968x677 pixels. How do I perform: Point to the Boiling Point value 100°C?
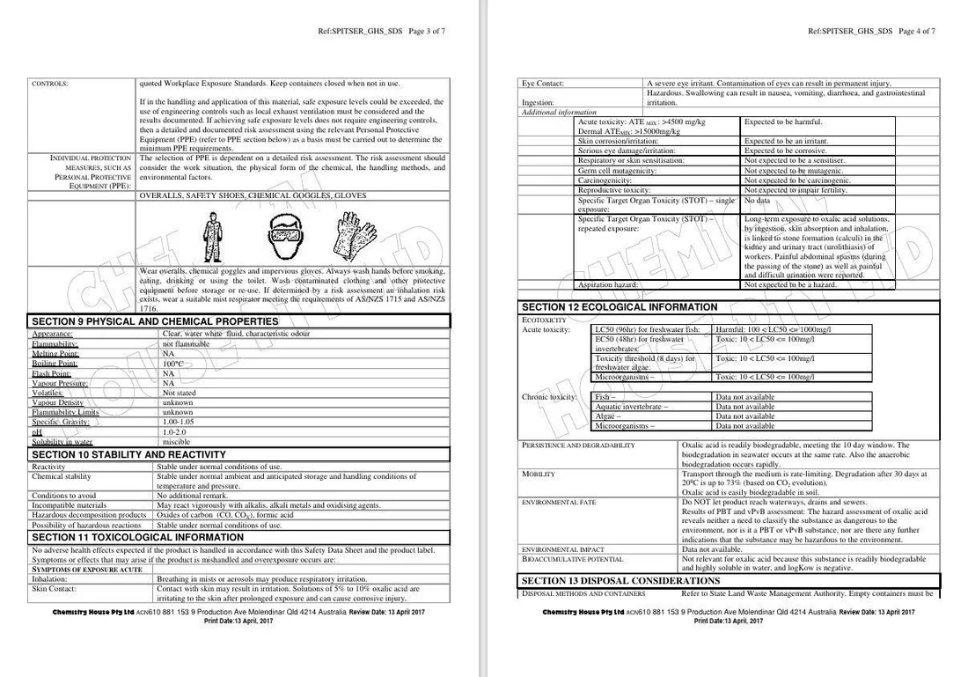pyautogui.click(x=172, y=364)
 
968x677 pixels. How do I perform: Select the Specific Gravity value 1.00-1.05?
pyautogui.click(x=178, y=423)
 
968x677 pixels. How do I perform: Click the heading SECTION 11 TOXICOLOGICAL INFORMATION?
pyautogui.click(x=137, y=537)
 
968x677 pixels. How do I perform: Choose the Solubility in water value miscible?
pyautogui.click(x=176, y=442)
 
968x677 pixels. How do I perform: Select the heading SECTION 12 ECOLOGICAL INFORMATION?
pyautogui.click(x=619, y=307)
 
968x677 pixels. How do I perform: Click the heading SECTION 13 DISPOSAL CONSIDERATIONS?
pyautogui.click(x=620, y=581)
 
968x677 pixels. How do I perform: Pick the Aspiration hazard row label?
pyautogui.click(x=606, y=285)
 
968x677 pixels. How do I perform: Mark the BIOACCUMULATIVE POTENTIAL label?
pyautogui.click(x=572, y=559)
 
